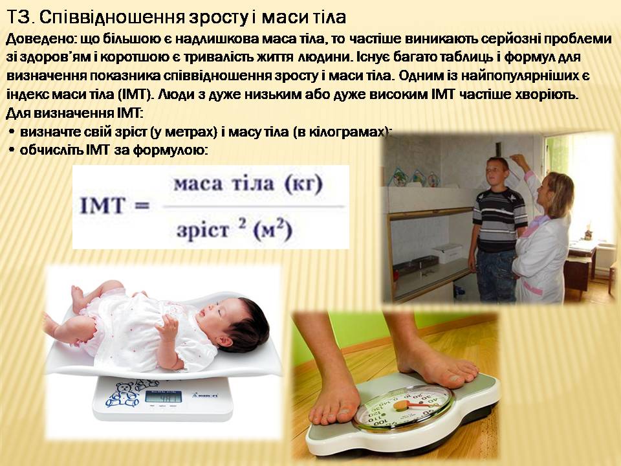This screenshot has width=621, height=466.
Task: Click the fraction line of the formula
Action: click(x=249, y=208)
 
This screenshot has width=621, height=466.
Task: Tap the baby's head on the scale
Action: click(x=240, y=321)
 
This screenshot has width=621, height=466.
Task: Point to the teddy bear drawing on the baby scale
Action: click(x=122, y=394)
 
